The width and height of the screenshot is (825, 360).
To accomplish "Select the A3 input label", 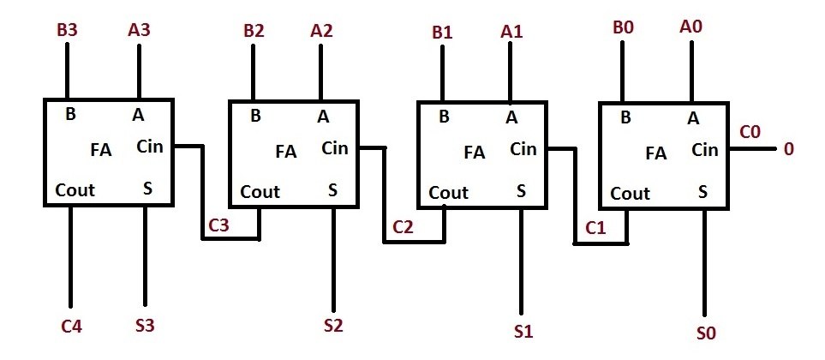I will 140,29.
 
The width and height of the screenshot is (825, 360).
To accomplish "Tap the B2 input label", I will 254,32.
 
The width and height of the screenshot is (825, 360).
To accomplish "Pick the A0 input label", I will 690,28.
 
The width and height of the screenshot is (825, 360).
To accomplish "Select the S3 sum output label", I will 145,327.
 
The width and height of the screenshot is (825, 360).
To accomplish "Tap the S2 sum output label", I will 333,326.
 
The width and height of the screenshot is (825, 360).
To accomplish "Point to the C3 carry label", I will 219,225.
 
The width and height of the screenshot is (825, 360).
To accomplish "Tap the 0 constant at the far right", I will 789,149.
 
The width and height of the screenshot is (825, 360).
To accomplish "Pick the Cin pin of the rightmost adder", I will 704,150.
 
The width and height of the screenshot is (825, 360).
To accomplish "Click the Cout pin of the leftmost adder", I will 75,189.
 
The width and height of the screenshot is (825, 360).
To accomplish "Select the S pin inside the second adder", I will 332,189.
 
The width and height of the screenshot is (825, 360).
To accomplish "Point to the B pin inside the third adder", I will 444,117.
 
